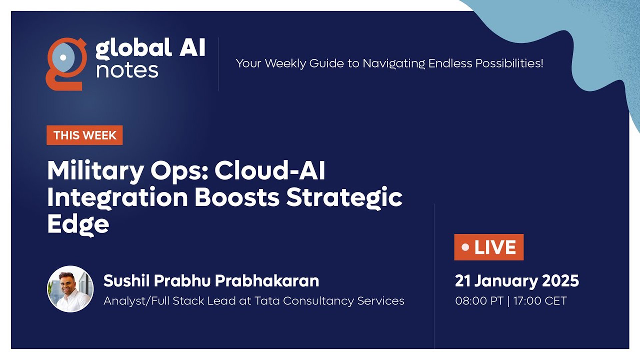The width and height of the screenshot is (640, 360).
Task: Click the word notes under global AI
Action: [x=127, y=71]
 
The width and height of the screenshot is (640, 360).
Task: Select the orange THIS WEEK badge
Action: [x=85, y=135]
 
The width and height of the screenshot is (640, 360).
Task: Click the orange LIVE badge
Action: [x=489, y=247]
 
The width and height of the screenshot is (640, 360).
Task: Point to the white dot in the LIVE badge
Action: [x=465, y=247]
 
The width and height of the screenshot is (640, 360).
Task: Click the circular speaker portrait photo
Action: [x=70, y=289]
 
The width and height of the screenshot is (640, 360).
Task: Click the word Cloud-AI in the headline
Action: [x=270, y=170]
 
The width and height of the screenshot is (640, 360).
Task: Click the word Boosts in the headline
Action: [x=237, y=197]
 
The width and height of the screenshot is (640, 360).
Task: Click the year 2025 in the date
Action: [x=560, y=281]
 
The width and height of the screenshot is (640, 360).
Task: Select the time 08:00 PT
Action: [x=479, y=301]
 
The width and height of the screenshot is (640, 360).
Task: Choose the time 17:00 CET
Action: [x=540, y=301]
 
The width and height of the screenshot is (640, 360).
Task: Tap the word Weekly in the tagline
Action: [x=285, y=63]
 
